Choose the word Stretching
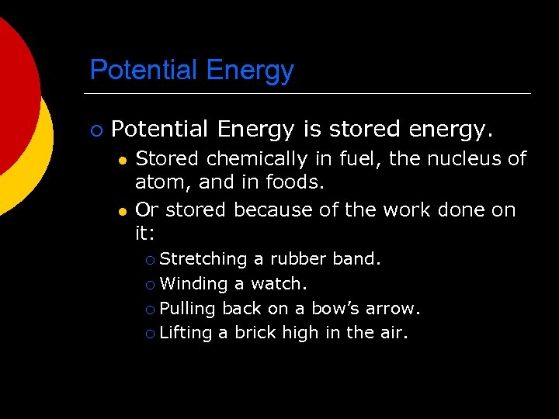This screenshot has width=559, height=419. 203,258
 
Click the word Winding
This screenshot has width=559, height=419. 193,283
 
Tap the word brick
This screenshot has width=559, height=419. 256,333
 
